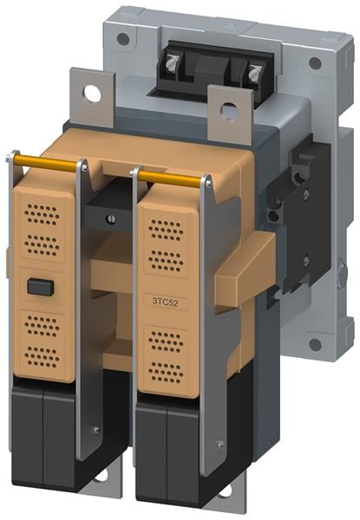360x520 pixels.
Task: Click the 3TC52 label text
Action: click(x=165, y=302)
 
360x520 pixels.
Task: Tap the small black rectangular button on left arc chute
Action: click(x=41, y=287)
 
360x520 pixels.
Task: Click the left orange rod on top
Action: click(x=45, y=163)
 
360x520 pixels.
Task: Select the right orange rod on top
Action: click(x=170, y=178)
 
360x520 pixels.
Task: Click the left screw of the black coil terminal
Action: click(x=173, y=62)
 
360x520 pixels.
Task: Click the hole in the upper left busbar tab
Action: click(x=92, y=94)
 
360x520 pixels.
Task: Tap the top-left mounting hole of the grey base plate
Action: click(x=123, y=39)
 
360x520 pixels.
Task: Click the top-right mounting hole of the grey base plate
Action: click(x=315, y=62)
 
